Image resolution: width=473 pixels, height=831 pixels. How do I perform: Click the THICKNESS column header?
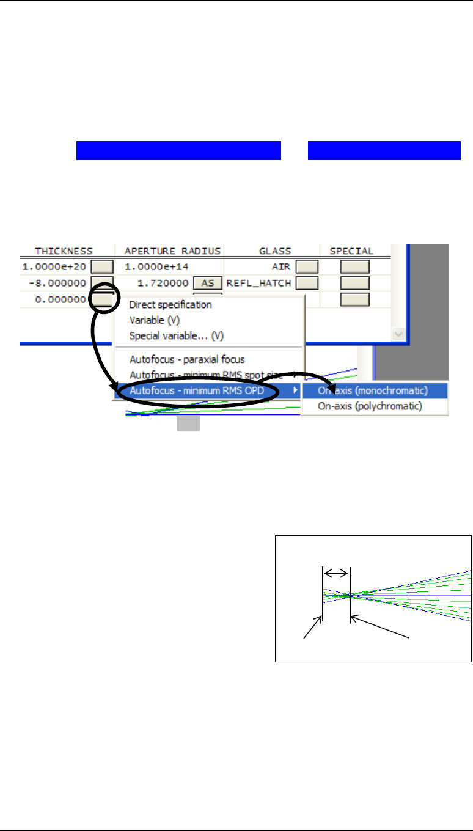pos(64,251)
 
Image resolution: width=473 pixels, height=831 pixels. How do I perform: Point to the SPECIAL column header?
pos(351,251)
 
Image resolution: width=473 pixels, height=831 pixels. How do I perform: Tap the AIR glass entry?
pos(280,266)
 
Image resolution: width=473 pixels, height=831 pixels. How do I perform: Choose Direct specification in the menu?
pos(170,304)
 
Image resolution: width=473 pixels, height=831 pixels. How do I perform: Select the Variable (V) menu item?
pos(154,320)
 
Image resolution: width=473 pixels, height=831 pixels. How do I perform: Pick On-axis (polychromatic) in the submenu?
pos(370,406)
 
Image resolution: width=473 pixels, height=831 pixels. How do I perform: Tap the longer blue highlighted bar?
pos(178,150)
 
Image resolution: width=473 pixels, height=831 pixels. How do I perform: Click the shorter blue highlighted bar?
pos(384,150)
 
